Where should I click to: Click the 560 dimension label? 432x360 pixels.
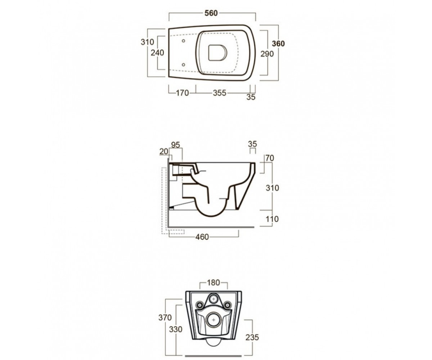tap(211, 13)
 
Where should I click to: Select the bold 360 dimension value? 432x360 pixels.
tap(278, 44)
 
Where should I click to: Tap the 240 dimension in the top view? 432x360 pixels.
tap(157, 53)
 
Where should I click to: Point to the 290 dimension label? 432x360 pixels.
tap(267, 54)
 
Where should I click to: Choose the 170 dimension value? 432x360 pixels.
tap(182, 93)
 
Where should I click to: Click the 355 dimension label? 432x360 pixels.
tap(220, 93)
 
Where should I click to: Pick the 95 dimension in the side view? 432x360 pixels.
tap(175, 145)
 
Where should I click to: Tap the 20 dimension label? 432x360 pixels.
tap(164, 152)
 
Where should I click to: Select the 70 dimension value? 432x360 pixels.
tap(270, 158)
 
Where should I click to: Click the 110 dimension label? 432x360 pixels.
tap(272, 219)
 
